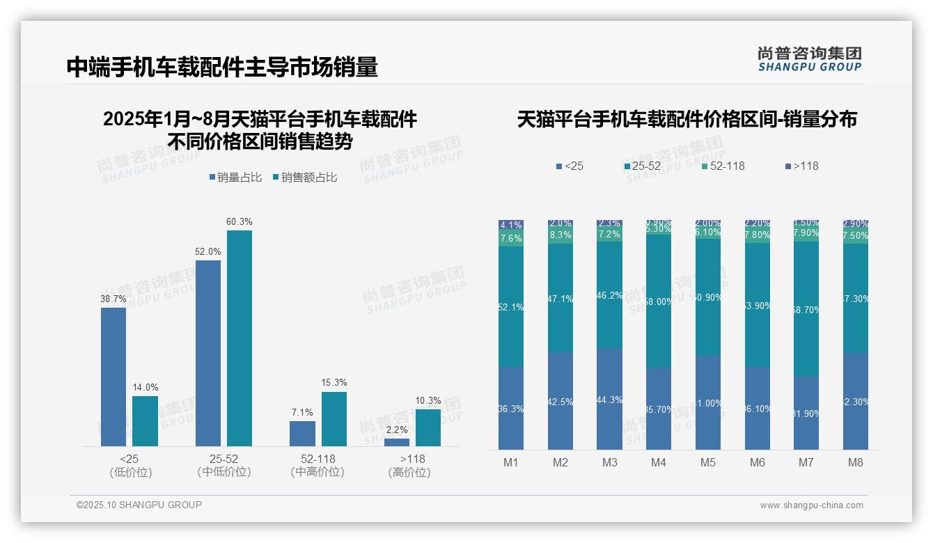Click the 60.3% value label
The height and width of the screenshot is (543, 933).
coord(239,221)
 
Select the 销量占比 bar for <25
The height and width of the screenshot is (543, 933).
coord(113,376)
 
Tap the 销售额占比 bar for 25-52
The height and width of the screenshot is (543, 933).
coord(239,338)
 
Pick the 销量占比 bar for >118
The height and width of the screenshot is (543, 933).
coord(397,442)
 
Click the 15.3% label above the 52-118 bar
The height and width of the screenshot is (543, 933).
coord(334,382)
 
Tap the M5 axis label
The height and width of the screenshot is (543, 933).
coord(708,462)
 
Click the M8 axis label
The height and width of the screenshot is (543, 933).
coord(856,462)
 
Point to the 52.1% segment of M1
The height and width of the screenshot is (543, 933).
coord(511,306)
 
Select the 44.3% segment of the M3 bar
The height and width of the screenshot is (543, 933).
coord(609,399)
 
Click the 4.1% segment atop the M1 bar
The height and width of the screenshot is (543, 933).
coord(511,225)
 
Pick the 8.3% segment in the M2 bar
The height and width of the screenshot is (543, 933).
coord(560,235)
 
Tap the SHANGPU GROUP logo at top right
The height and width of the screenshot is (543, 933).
coord(809,59)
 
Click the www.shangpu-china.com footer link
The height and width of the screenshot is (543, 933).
coord(811,505)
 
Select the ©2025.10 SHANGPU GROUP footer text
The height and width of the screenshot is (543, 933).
coord(139,505)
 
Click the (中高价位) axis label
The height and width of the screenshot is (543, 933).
coord(317,472)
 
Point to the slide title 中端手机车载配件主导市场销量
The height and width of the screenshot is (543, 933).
coord(222,67)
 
